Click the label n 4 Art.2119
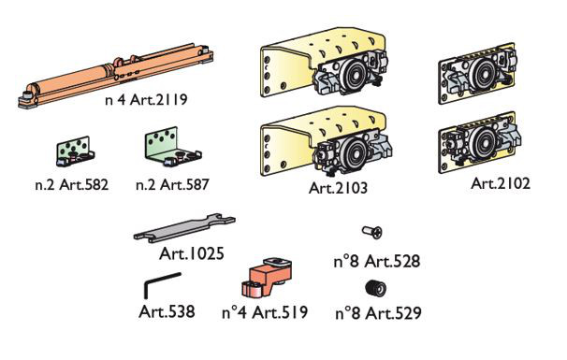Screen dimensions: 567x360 (x=146, y=99)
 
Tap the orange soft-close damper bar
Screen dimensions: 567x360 (x=116, y=76)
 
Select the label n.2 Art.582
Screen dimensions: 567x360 (x=72, y=185)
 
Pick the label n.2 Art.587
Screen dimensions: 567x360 (x=172, y=185)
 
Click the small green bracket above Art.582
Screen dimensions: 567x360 (x=75, y=151)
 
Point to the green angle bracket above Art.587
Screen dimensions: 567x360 (x=173, y=147)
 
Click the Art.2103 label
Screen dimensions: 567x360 (x=338, y=188)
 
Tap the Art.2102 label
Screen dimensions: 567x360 (x=501, y=183)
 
